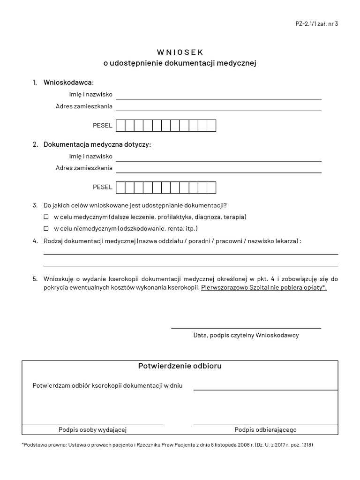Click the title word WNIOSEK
(180, 52)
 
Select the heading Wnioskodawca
(68, 82)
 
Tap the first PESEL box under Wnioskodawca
(120, 126)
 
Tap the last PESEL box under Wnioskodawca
(211, 126)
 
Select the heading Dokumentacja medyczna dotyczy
(97, 144)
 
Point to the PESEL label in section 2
(103, 187)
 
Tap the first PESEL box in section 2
(120, 187)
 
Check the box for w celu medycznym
(46, 217)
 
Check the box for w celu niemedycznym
(46, 229)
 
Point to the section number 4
(35, 241)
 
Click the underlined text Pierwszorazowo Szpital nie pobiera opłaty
(263, 287)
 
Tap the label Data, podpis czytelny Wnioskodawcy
(246, 335)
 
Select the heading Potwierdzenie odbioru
(180, 366)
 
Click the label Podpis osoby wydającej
(93, 430)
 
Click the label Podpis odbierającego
(265, 430)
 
